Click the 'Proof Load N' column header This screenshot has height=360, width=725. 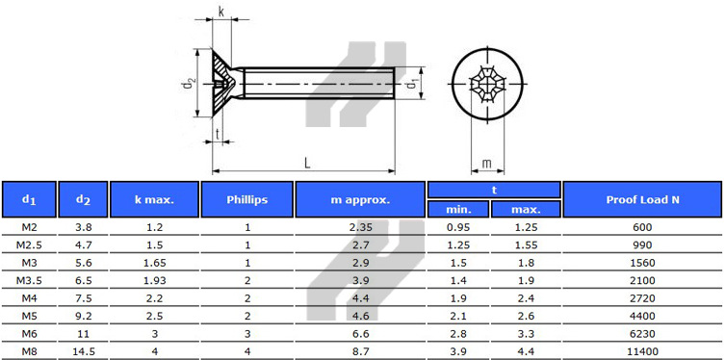tap(643, 199)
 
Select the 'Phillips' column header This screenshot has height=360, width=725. tap(246, 199)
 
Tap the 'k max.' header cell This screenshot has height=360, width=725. tap(154, 199)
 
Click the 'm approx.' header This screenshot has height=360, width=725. tap(360, 199)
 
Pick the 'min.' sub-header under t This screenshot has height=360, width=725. tap(457, 209)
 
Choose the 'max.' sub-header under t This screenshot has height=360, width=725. tap(526, 209)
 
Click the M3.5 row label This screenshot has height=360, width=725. tap(29, 280)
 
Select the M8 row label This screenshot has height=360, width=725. tap(29, 351)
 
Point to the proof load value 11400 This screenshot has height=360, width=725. tap(643, 351)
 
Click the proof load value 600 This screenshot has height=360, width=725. tap(643, 227)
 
